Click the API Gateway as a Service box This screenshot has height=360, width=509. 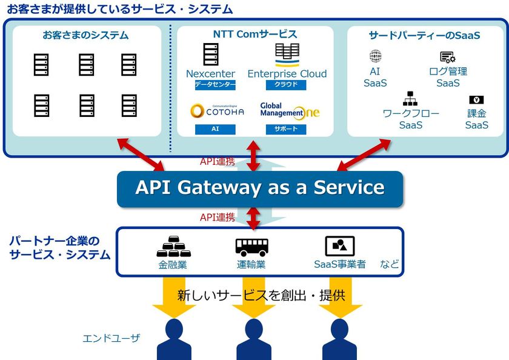coord(259,188)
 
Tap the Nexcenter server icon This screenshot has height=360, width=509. coord(210,54)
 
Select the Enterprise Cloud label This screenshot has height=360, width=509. coord(287,74)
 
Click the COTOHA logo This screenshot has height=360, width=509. coord(217,112)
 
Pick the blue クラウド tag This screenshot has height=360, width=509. coord(286,85)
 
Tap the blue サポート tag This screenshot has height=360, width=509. coord(286,130)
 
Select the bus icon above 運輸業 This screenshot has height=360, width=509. coord(251,246)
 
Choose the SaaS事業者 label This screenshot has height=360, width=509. coord(339,264)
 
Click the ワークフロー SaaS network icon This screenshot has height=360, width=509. coord(410,98)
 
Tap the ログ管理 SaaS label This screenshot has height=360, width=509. coord(448,77)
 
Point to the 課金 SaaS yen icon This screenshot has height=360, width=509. coord(476,100)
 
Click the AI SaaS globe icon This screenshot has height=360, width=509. coord(375,57)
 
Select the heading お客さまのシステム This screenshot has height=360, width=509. coord(86,35)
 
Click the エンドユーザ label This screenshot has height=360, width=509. coord(111,338)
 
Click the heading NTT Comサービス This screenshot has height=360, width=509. coord(255,35)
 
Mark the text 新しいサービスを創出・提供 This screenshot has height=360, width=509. coord(261,296)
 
